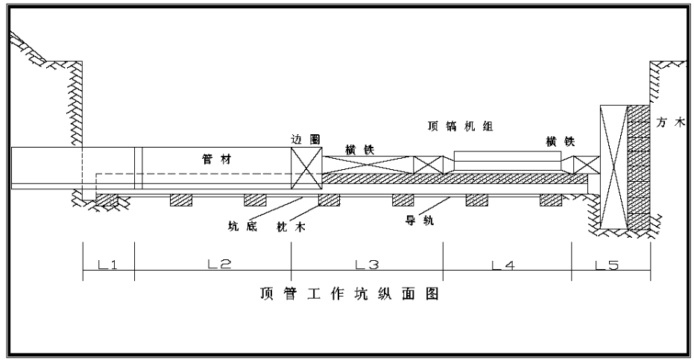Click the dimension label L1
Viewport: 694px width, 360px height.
107,265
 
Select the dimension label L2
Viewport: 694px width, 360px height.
219,265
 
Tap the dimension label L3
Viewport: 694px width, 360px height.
367,265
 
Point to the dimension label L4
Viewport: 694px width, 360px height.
504,265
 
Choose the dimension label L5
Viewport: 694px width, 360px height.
607,265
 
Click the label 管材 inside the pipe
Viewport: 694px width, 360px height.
216,159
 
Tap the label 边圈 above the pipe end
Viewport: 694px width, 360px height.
306,139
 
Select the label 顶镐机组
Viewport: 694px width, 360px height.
460,126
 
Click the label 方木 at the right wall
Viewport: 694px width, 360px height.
671,123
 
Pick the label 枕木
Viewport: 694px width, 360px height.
291,227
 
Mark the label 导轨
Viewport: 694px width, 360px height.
420,220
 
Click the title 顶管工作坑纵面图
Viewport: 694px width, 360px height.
349,294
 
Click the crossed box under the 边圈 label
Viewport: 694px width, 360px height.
306,168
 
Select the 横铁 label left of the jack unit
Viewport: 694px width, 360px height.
359,150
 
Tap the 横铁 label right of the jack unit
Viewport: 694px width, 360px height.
561,142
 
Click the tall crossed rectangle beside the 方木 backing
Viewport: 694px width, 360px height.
613,167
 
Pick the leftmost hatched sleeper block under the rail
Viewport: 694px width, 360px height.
107,200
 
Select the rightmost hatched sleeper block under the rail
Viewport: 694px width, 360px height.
551,200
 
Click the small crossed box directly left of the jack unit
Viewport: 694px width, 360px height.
428,165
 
